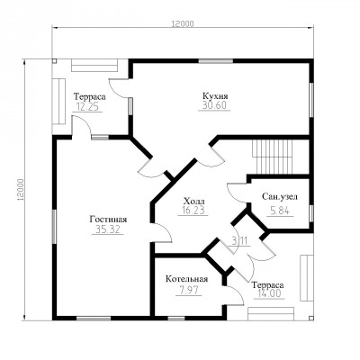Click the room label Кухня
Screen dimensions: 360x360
point(215,96)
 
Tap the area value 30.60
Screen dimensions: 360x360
point(214,105)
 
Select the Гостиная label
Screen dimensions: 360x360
point(108,220)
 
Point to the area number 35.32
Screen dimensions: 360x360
point(108,229)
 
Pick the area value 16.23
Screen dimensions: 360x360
point(193,210)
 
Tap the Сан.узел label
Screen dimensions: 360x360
point(280,197)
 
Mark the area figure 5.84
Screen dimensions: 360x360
point(280,211)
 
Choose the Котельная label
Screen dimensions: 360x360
point(186,279)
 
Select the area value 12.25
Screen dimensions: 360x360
point(87,107)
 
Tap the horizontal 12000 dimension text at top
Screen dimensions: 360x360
point(183,24)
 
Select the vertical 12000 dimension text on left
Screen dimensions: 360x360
point(21,190)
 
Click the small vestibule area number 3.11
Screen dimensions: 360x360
point(241,241)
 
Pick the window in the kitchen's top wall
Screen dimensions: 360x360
point(216,61)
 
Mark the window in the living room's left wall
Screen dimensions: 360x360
point(54,227)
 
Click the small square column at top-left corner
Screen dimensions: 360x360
point(54,61)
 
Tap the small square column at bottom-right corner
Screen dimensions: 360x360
point(311,318)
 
